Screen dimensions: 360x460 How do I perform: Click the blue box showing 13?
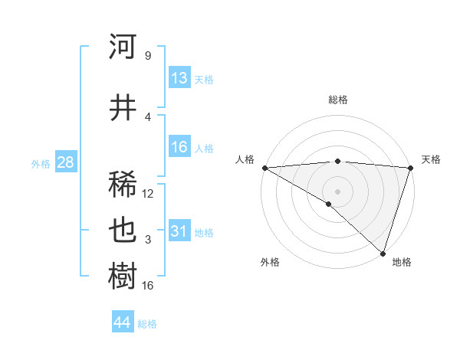coord(179,78)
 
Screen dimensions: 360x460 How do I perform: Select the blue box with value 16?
coord(179,147)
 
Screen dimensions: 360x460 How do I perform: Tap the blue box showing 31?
coord(179,231)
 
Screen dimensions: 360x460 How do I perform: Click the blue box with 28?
coord(65,162)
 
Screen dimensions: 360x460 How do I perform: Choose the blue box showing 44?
coord(123,322)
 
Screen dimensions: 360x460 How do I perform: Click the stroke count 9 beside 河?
coord(147,56)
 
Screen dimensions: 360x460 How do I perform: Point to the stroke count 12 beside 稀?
coord(148,194)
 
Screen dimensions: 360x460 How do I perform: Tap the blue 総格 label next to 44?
coord(147,324)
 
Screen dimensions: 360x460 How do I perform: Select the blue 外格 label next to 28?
coord(40,163)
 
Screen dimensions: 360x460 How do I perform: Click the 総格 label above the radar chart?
coord(337,100)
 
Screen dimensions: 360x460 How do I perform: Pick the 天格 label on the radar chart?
coord(431,159)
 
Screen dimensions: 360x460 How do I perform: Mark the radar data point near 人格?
coord(264,168)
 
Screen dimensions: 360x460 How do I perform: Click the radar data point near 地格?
coord(383,253)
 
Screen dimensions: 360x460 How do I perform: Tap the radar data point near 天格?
coord(410,168)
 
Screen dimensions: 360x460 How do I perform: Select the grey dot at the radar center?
coord(337,191)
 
